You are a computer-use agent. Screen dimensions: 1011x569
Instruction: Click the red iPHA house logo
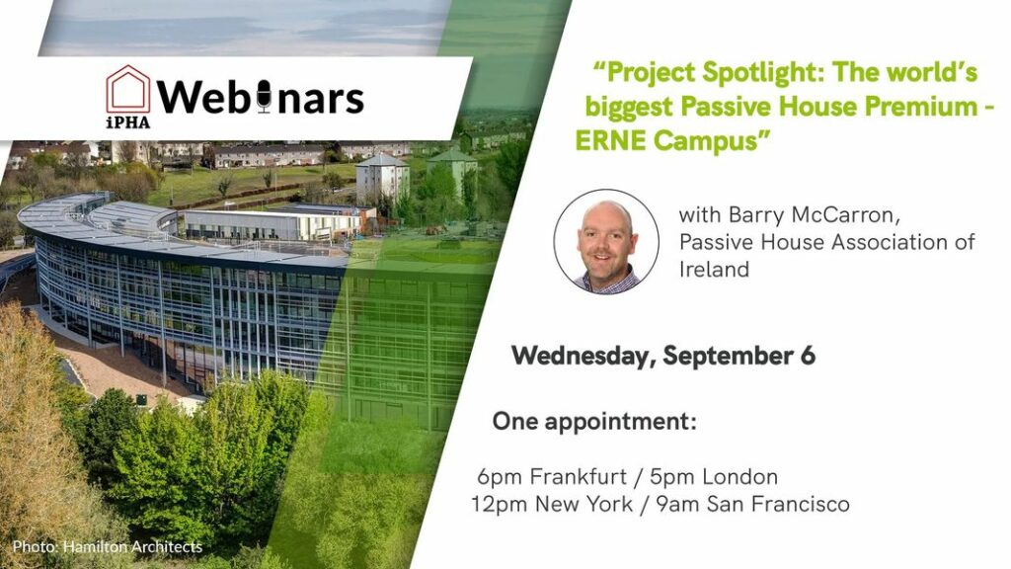point(128,90)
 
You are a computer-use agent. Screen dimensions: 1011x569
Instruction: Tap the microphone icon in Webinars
point(264,98)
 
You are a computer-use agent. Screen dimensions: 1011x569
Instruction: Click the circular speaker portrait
point(606,241)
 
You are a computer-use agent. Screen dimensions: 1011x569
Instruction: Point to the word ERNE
point(609,140)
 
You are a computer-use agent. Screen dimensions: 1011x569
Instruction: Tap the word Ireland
point(714,269)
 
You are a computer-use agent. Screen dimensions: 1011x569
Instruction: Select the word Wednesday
point(584,356)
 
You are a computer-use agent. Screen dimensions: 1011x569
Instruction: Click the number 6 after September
point(808,356)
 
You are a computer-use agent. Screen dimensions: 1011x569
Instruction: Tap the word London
point(739,477)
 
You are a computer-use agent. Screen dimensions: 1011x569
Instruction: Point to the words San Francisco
point(778,504)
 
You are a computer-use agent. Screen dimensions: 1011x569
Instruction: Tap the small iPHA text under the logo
point(128,122)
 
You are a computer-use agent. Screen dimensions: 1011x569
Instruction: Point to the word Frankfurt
point(578,477)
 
